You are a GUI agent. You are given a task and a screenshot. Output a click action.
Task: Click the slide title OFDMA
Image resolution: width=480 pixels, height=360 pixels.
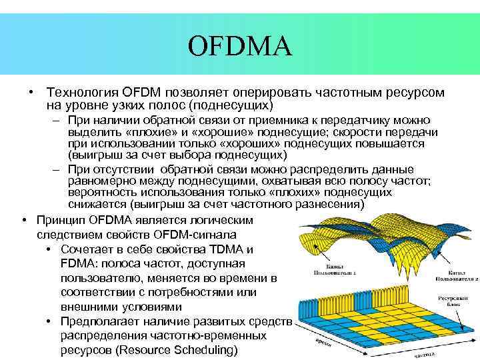click(x=240, y=46)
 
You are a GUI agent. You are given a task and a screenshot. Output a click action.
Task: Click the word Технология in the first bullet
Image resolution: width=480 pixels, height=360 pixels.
click(x=79, y=93)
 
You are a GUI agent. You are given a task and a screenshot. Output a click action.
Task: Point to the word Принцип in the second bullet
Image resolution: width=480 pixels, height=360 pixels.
click(x=59, y=220)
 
